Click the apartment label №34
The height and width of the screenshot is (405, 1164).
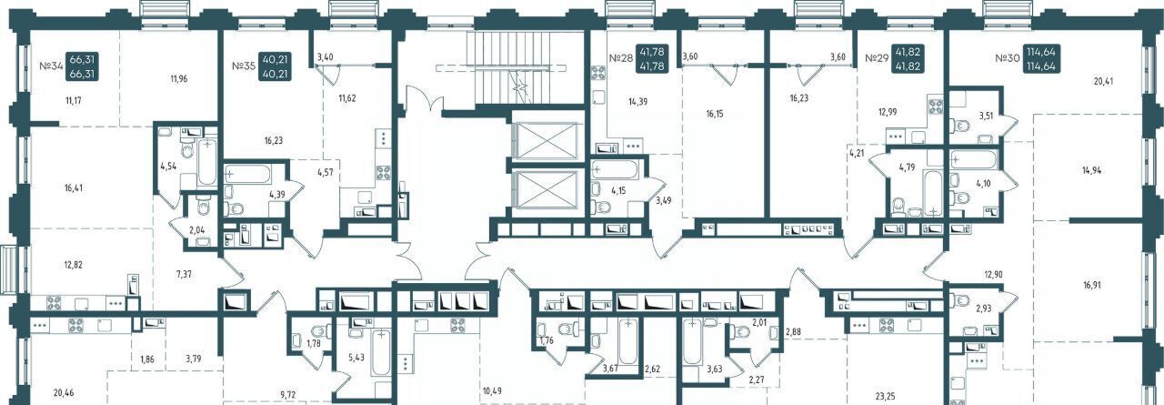click(50, 66)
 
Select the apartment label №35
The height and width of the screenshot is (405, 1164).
click(243, 66)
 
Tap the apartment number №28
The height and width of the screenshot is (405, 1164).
click(621, 58)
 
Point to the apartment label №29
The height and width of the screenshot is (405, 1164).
click(876, 58)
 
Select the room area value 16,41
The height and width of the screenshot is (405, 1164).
click(74, 187)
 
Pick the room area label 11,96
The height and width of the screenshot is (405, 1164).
click(178, 79)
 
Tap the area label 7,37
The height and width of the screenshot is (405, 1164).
click(184, 274)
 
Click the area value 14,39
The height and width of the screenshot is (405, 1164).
click(637, 102)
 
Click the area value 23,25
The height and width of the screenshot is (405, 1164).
click(885, 396)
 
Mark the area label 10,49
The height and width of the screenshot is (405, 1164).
click(493, 390)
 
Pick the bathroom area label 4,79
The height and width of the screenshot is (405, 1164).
click(907, 167)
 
